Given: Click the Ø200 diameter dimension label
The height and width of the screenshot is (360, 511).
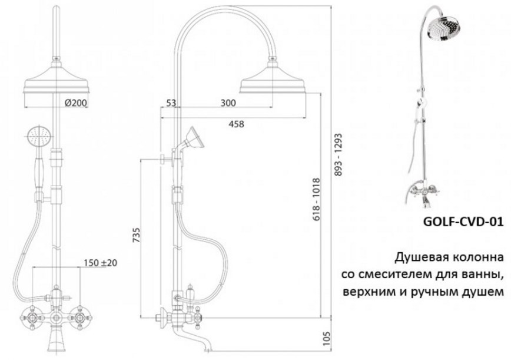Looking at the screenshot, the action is coord(75,103).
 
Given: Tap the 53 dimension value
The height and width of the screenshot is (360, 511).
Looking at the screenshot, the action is coord(171,103).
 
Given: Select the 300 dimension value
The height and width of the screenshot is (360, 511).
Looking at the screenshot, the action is coord(228,103).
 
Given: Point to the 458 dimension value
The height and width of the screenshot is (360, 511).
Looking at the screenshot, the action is coord(236,124).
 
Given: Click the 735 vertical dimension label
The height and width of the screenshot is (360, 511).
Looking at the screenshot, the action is coord(137,235).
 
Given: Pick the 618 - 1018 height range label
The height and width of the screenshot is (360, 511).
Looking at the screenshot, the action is coord(316,199).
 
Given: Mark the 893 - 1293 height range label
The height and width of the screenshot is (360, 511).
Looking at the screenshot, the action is coord(339,154).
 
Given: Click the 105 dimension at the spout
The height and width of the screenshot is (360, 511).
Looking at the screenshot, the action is coord(327,339).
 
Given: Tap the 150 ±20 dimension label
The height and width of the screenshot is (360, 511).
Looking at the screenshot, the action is coord(100,263).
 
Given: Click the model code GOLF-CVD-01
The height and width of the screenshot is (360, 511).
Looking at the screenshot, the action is coord(463,222).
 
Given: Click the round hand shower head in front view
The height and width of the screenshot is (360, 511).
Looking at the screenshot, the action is coord(39,136).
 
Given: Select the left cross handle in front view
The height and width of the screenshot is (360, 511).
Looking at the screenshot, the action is coord(32,316).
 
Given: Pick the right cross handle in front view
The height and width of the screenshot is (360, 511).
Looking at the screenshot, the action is coord(80,316).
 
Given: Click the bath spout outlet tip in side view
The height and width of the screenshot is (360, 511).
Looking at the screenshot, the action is coord(208,349).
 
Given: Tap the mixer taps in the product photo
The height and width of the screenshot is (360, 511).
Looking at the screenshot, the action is coord(424,191).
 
